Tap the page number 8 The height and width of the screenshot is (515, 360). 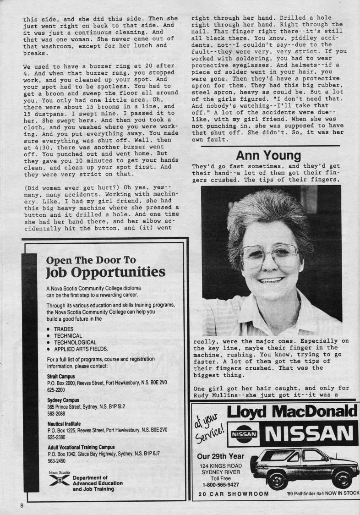point(22,505)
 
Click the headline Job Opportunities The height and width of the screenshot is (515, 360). point(106,272)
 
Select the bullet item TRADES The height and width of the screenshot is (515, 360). point(63,329)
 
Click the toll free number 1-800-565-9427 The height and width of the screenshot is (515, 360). point(220,484)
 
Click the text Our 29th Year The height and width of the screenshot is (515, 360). point(220,456)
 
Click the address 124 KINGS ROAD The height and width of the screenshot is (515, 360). point(220,466)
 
